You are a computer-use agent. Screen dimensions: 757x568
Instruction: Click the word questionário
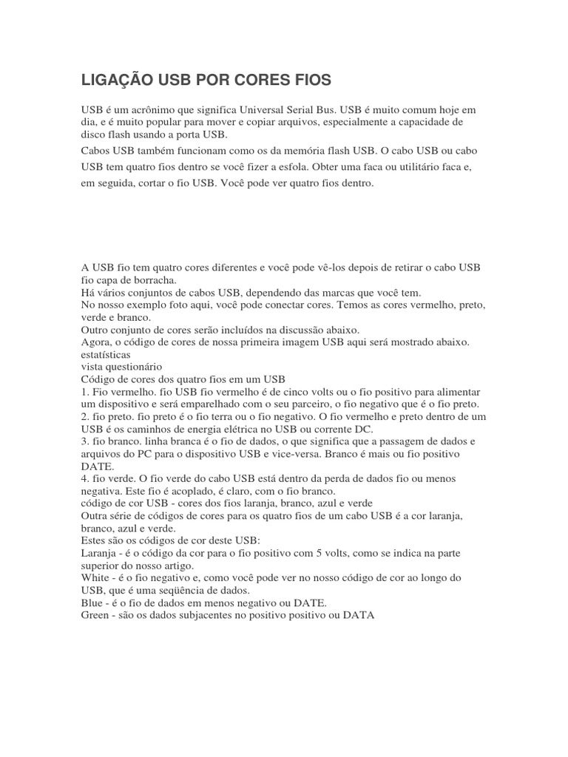point(135,367)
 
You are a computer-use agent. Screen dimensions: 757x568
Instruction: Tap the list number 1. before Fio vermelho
point(85,391)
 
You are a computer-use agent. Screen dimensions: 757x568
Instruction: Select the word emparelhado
point(219,404)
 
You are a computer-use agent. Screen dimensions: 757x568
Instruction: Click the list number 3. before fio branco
point(85,441)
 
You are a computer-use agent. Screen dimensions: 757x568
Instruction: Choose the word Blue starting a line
point(92,602)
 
